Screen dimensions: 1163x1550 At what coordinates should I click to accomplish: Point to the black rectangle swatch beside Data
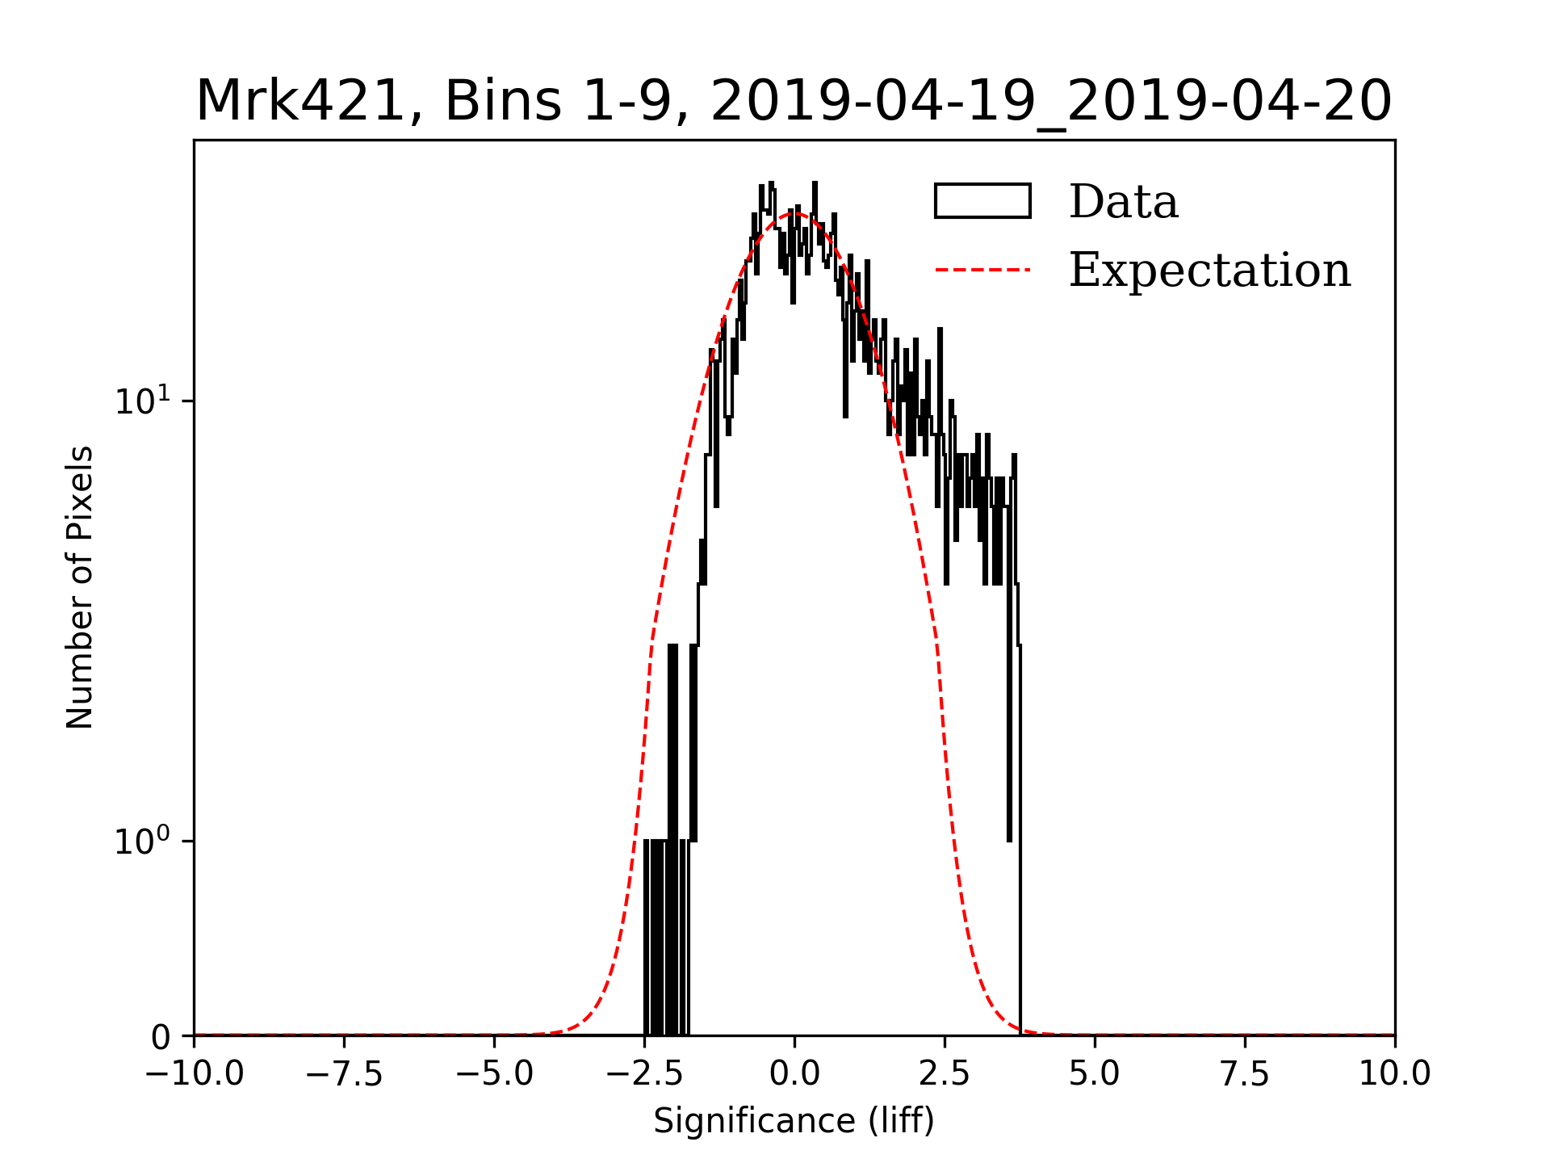pos(982,201)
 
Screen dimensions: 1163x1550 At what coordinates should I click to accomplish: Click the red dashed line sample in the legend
pos(982,270)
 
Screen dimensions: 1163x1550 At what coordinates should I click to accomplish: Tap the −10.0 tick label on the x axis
pos(194,1074)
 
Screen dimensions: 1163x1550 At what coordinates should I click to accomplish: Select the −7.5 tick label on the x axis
pos(344,1074)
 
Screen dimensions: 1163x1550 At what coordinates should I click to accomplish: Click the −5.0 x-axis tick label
pos(494,1074)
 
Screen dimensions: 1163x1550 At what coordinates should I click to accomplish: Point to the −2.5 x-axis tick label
pos(644,1074)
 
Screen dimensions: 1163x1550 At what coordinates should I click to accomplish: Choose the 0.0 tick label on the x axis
pos(794,1074)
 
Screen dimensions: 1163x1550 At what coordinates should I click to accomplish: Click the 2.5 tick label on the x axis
pos(945,1074)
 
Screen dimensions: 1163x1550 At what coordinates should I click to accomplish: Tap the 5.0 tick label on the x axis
pos(1095,1074)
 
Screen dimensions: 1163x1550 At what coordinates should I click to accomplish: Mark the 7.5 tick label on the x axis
pos(1245,1074)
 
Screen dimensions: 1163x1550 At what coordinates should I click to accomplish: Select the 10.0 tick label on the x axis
pos(1394,1074)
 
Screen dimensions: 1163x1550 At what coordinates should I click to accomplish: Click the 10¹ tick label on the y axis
pos(143,401)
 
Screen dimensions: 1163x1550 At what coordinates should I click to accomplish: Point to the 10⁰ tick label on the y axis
pos(143,841)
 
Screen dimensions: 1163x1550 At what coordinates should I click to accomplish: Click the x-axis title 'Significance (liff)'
pos(794,1121)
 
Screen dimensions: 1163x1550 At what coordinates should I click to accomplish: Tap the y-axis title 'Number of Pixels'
pos(80,587)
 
